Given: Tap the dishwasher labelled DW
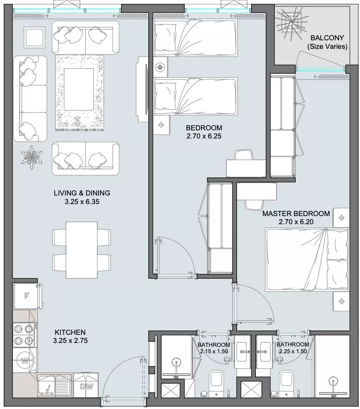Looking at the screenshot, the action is [86, 386].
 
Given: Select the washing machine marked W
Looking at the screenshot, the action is [25, 361].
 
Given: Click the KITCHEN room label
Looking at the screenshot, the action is [70, 332].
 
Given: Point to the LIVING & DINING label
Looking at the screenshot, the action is [82, 193].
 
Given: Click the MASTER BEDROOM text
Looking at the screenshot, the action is [296, 214].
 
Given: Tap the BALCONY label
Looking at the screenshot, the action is [327, 38].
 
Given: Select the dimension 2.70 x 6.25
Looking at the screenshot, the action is [204, 136].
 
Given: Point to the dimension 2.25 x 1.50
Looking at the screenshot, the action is [293, 352].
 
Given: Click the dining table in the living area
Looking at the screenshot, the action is [81, 250].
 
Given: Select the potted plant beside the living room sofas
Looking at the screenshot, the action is [32, 157].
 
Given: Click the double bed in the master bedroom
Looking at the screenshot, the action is [307, 259].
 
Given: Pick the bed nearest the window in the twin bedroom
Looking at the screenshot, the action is [195, 38].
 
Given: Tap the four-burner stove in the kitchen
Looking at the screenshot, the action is [25, 335].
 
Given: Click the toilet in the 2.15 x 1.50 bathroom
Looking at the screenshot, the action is [216, 380].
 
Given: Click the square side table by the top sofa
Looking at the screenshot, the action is [34, 38].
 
